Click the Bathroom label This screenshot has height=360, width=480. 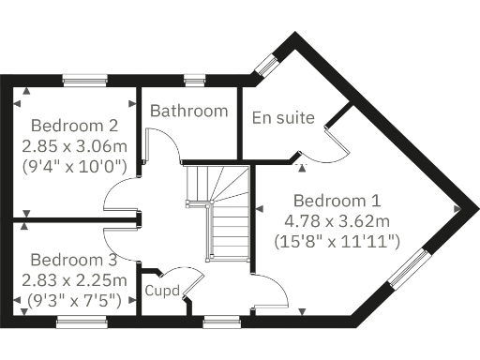click(x=189, y=111)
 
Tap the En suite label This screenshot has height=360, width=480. click(x=282, y=117)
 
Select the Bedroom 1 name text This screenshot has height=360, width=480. click(x=337, y=201)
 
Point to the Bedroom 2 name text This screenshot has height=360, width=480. click(x=74, y=126)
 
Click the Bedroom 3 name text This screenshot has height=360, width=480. click(x=73, y=260)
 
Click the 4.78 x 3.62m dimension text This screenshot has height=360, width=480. click(x=337, y=221)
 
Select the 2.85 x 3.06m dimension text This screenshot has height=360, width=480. click(x=74, y=146)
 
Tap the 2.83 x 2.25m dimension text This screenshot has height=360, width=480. click(x=73, y=280)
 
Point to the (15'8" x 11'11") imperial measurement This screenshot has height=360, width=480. click(x=337, y=242)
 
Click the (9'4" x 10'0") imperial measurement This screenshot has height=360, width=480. click(x=74, y=167)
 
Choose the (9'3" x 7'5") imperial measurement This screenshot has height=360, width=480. click(x=73, y=301)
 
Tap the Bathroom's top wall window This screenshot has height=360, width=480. click(x=194, y=80)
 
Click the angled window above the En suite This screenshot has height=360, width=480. click(x=267, y=65)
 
